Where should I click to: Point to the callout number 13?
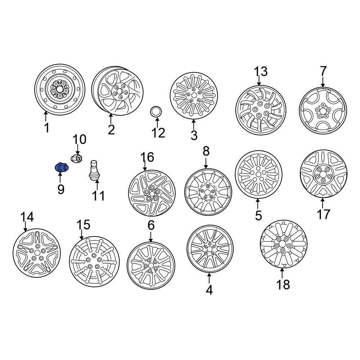pos(261,72)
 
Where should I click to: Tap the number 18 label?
pos(283,284)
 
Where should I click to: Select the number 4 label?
pos(209,289)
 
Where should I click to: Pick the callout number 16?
pos(147,157)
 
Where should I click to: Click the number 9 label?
pos(60,188)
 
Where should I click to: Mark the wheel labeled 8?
pos(208,192)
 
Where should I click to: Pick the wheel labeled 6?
pos(150,265)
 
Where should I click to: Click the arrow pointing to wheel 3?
pos(194,124)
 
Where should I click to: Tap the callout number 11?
pos(98,196)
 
